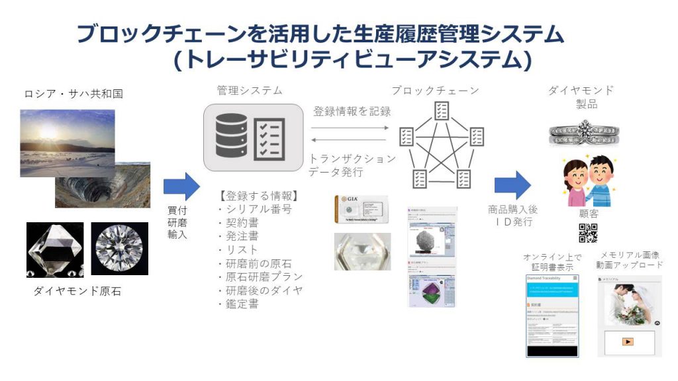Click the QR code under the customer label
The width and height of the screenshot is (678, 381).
coord(588,233)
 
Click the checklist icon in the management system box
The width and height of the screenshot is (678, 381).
coord(269,138)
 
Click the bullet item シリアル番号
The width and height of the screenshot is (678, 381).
coord(255,209)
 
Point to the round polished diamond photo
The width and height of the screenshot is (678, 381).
coord(119,249)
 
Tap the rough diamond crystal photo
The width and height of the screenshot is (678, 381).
coord(55,249)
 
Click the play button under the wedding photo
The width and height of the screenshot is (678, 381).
coord(628,342)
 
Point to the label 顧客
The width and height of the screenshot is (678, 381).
coord(589,214)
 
